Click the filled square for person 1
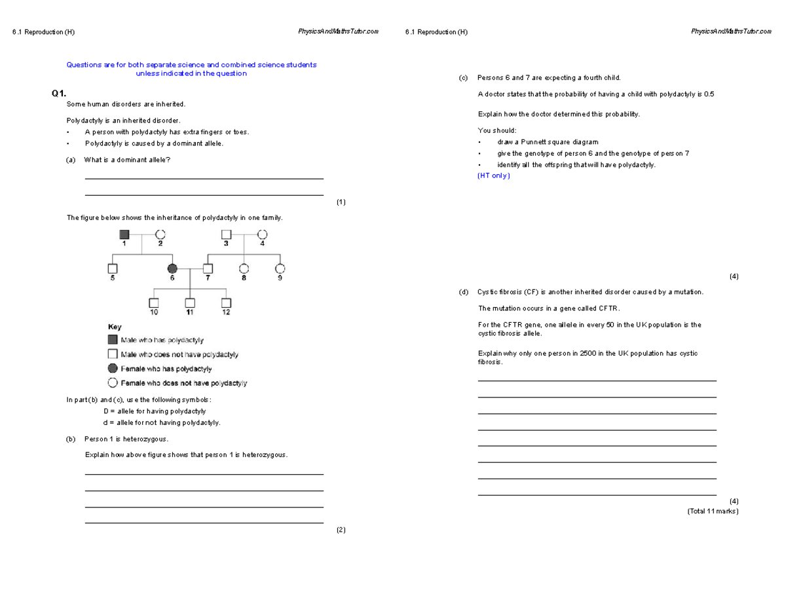pos(124,234)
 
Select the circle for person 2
pos(160,234)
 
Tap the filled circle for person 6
pos(172,268)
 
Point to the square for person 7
pos(208,268)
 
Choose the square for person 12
pos(226,303)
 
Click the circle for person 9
pos(280,268)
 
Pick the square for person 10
pos(154,303)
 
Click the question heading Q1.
pos(59,94)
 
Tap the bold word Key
pos(114,326)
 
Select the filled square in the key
pos(112,340)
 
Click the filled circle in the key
pos(112,369)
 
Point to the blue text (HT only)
pos(494,175)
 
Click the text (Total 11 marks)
pos(713,511)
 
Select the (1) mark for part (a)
pos(341,202)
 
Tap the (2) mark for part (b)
pos(341,530)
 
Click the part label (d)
pos(464,292)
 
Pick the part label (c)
pos(464,78)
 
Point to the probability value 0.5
pos(709,94)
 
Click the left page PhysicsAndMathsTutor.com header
pos(338,32)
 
